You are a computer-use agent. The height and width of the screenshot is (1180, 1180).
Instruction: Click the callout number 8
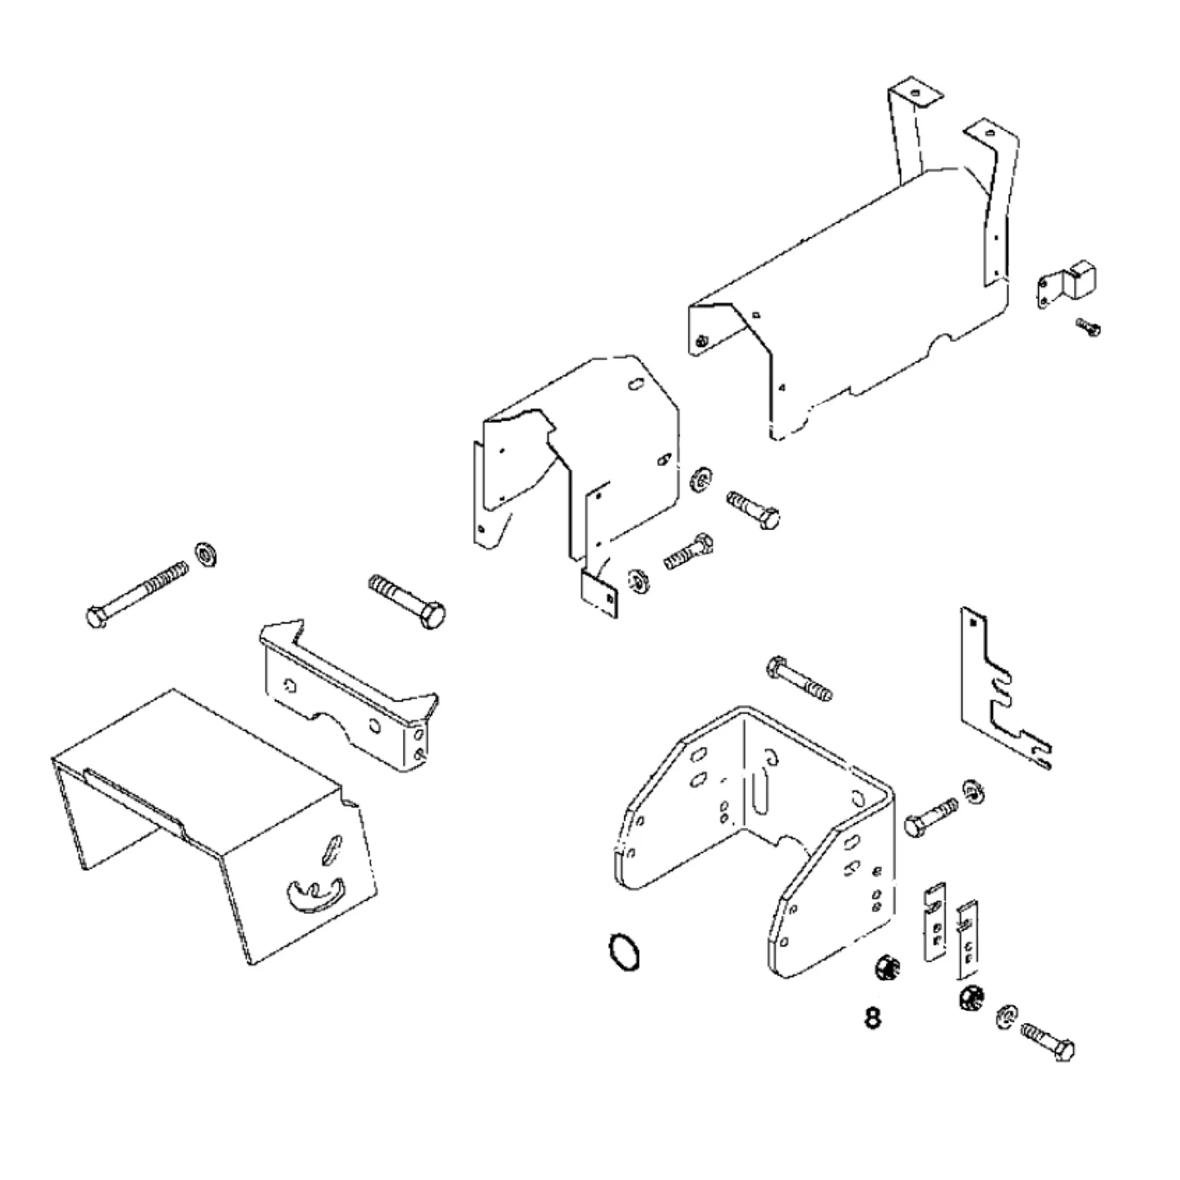coord(873,1018)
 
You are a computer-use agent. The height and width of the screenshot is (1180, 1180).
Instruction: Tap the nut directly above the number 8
coord(883,968)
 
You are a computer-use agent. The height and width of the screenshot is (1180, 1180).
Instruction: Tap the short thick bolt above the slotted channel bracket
coord(407,601)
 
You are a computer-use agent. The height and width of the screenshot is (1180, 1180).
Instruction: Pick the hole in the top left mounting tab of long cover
coord(915,94)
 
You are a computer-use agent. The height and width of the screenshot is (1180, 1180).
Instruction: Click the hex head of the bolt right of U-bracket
coord(916,827)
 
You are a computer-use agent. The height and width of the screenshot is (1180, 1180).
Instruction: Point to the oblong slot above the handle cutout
coord(332,849)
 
